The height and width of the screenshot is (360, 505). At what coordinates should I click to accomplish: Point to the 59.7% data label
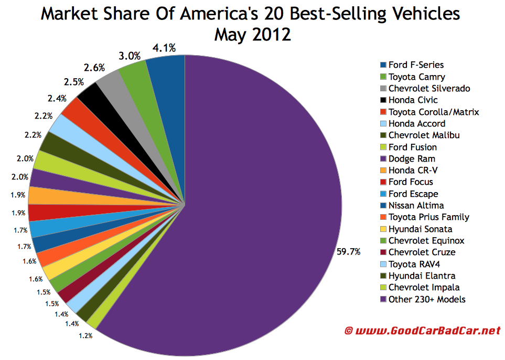pyautogui.click(x=348, y=252)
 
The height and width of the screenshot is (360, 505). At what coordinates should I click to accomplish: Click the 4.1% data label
pyautogui.click(x=165, y=48)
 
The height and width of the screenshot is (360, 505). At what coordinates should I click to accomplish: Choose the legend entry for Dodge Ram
pyautogui.click(x=411, y=158)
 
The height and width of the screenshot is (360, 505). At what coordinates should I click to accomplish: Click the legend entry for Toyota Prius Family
pyautogui.click(x=428, y=217)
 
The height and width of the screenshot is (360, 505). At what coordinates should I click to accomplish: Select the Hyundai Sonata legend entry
pyautogui.click(x=420, y=229)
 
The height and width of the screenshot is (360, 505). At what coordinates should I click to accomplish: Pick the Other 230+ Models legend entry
pyautogui.click(x=426, y=299)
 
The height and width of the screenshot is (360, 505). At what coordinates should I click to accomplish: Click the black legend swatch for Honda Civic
pyautogui.click(x=384, y=100)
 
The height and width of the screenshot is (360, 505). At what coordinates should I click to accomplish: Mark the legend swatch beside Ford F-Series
pyautogui.click(x=384, y=65)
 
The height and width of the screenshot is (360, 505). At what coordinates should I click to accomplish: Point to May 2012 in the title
pyautogui.click(x=252, y=35)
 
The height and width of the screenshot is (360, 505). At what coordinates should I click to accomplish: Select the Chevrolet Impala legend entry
pyautogui.click(x=424, y=288)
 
